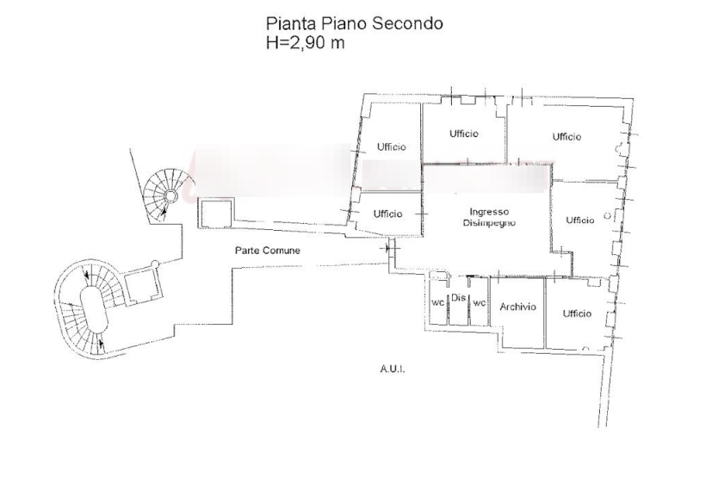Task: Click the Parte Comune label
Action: (267, 250)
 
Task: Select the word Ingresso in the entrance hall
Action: (489, 211)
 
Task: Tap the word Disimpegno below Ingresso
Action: (488, 222)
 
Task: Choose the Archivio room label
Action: (517, 307)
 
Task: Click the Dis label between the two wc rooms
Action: (458, 297)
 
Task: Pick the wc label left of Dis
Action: (438, 303)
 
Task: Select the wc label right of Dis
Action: (479, 303)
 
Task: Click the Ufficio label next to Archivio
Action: (576, 313)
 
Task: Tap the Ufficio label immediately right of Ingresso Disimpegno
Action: (580, 220)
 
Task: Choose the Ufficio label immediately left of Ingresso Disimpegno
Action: (388, 213)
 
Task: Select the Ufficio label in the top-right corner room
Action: (567, 136)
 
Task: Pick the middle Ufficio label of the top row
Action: (465, 133)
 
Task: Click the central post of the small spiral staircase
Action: (171, 196)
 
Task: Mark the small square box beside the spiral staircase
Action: (214, 212)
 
